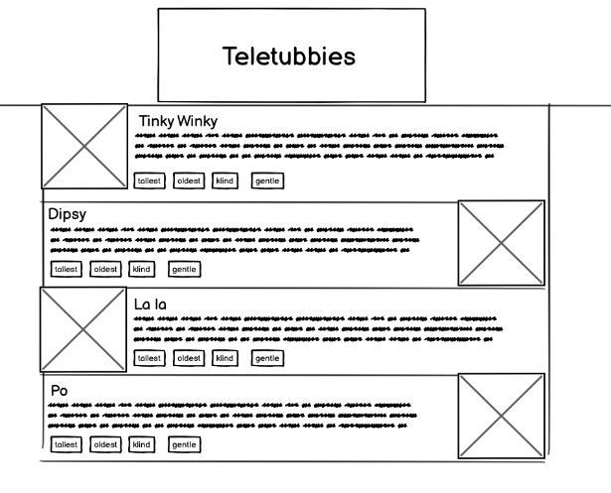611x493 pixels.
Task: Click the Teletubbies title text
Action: click(x=289, y=57)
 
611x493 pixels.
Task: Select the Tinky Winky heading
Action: click(x=178, y=121)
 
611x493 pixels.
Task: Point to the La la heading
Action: click(x=151, y=303)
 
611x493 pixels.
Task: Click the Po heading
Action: click(x=60, y=391)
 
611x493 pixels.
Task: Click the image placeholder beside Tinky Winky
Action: click(x=83, y=145)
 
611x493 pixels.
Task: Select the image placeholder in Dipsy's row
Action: click(x=501, y=243)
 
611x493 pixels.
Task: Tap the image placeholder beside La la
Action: click(x=82, y=329)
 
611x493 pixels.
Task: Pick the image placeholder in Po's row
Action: click(x=501, y=416)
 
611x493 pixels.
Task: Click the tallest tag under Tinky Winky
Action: click(x=149, y=181)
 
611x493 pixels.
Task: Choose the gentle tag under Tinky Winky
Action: click(x=267, y=181)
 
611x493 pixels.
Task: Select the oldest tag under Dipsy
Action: click(x=104, y=269)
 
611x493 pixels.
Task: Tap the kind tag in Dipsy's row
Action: click(x=142, y=269)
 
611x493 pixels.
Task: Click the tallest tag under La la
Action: click(x=149, y=358)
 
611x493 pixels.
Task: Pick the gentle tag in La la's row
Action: click(x=267, y=358)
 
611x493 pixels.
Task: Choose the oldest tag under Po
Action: click(x=104, y=445)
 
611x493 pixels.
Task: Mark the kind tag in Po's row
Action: click(x=142, y=445)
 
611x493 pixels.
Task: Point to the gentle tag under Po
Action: click(x=184, y=445)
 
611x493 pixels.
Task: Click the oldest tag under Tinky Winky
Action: click(x=189, y=181)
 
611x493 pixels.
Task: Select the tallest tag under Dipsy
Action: click(x=66, y=269)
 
